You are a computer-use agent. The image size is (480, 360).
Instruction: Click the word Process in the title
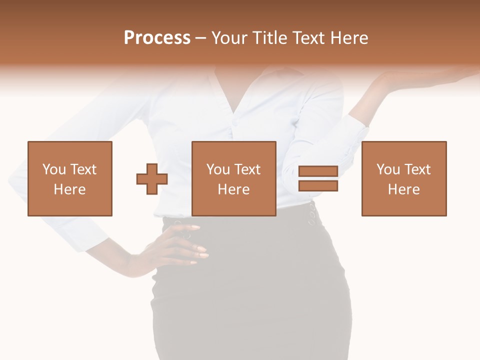coord(157,38)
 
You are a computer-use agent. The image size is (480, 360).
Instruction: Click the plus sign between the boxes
coord(152,178)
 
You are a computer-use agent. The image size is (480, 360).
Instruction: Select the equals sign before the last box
coord(318,178)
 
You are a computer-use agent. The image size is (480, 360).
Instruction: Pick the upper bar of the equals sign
coord(318,171)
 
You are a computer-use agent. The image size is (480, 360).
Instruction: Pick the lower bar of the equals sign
coord(318,185)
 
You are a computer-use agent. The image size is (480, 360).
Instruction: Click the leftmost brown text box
coord(70,178)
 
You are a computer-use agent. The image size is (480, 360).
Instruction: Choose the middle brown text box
coord(234,178)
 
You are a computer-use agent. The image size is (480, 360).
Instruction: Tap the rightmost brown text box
coord(404,178)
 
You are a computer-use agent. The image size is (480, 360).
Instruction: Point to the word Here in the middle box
coord(234,189)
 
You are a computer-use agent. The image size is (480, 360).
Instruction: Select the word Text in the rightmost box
coord(417,169)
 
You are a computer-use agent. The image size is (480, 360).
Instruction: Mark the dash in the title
coord(201,38)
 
